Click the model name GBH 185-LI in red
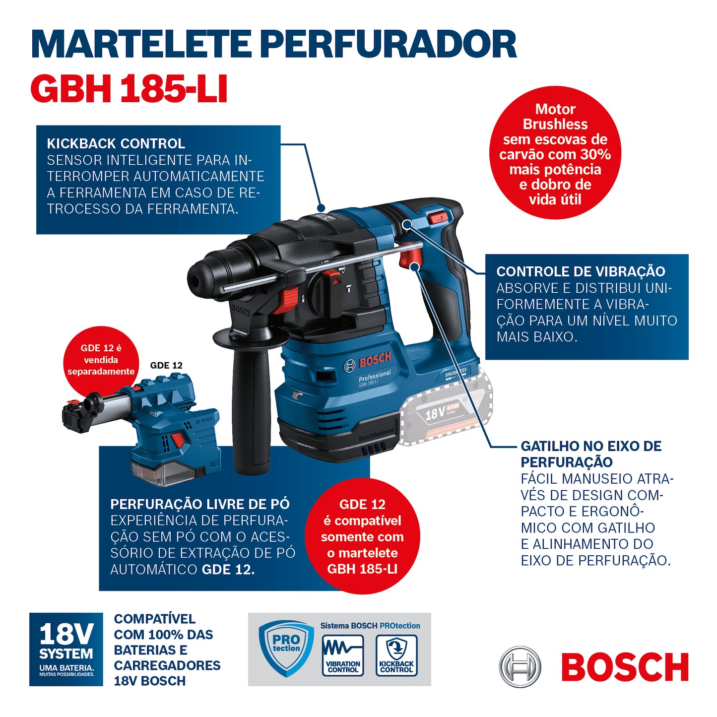[x=129, y=89]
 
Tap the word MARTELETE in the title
[x=141, y=45]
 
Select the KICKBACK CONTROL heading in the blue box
[x=116, y=144]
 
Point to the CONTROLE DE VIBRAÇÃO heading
[x=581, y=271]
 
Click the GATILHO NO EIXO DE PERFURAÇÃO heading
[x=590, y=454]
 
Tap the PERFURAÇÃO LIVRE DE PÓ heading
[x=199, y=504]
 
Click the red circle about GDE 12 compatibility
[x=362, y=536]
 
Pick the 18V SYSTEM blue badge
[x=66, y=649]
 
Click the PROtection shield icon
[x=286, y=648]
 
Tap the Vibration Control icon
[x=343, y=655]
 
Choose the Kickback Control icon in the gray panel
[x=396, y=655]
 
